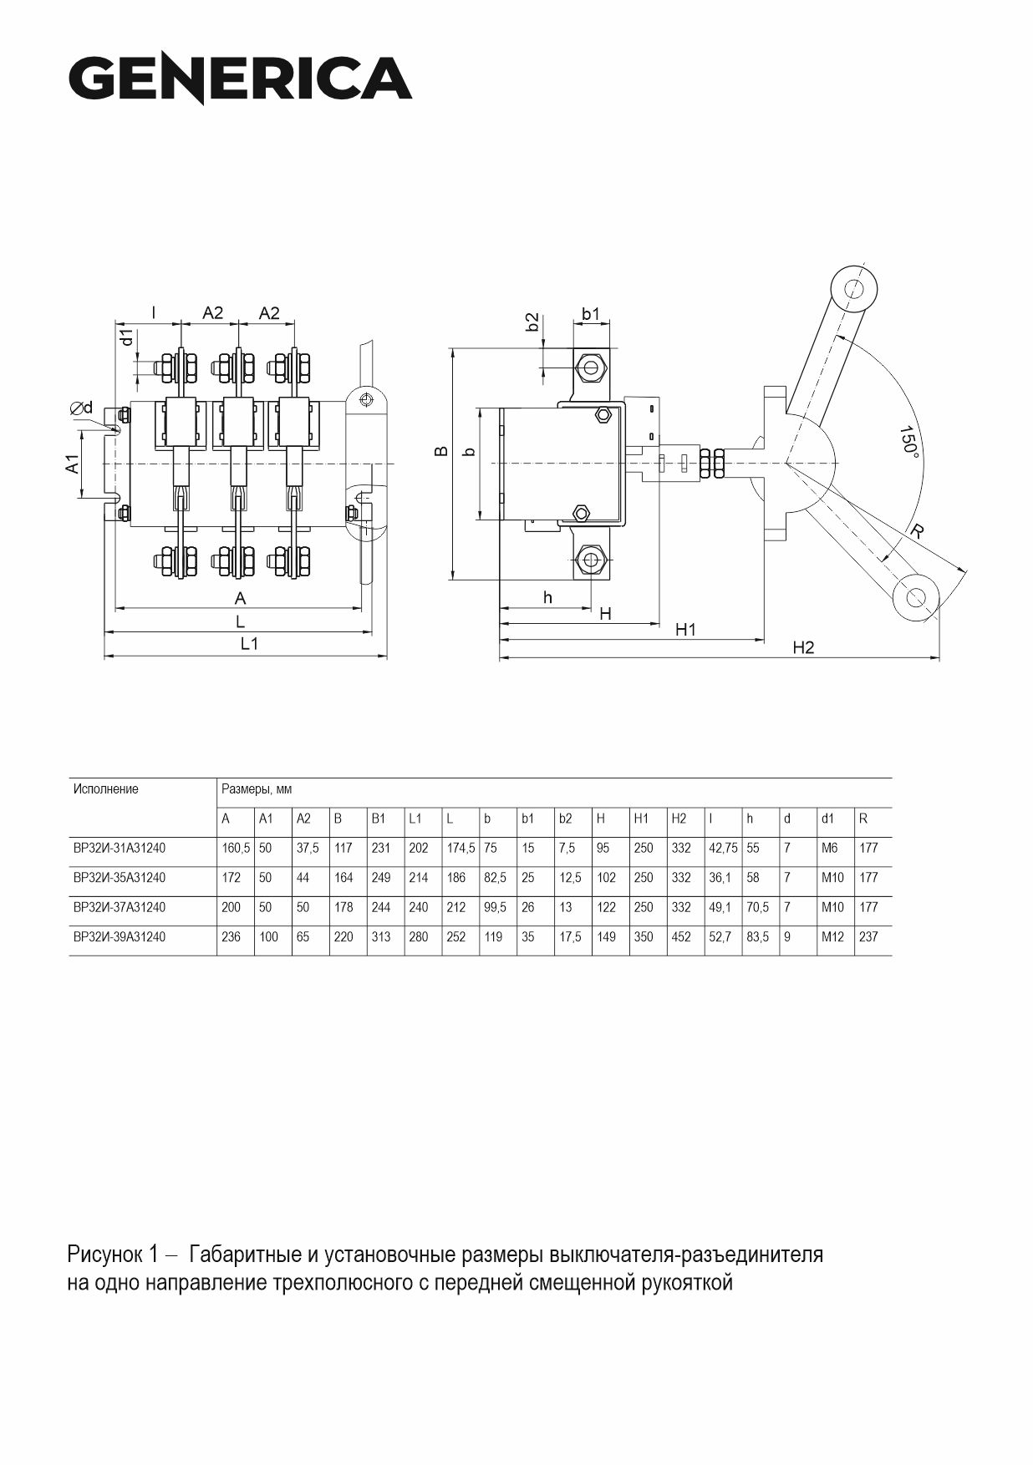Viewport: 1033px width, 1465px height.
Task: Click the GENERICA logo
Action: coord(241,80)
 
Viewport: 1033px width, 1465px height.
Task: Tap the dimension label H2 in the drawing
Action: coord(803,648)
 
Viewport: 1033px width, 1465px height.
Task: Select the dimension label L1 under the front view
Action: coord(249,644)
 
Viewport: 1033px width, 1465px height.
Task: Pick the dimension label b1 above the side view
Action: coord(591,314)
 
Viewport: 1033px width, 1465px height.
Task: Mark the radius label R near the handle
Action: coord(918,530)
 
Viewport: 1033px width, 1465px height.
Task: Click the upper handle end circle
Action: coord(853,289)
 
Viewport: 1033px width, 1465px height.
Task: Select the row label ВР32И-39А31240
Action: coord(120,937)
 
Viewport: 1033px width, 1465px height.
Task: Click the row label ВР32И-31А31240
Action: coord(120,848)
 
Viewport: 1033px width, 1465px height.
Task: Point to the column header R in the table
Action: coord(863,819)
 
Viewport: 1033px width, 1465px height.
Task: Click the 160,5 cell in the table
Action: coord(236,848)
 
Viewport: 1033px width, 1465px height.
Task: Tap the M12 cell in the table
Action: coord(832,937)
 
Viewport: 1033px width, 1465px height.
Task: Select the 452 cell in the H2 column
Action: coord(681,937)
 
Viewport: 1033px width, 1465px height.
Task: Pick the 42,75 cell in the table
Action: coord(724,848)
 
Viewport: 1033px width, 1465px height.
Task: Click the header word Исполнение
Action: coord(106,789)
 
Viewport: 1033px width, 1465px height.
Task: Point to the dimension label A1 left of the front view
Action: coord(74,464)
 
